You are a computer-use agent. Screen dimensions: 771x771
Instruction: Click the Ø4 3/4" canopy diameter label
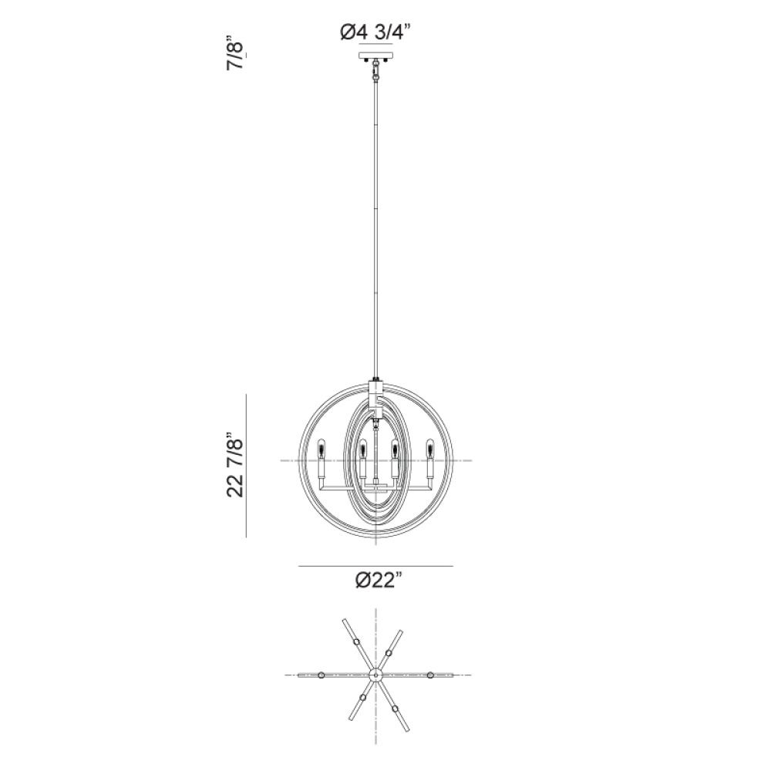[375, 32]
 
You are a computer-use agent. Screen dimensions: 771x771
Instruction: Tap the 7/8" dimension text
[235, 52]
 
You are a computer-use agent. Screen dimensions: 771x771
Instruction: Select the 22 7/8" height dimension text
[235, 465]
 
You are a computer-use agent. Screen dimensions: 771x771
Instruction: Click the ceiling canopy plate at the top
[376, 55]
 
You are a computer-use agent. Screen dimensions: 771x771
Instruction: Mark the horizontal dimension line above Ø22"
[375, 567]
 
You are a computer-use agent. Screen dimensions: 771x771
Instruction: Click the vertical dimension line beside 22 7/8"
[247, 466]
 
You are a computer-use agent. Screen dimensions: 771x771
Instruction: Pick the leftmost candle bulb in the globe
[322, 447]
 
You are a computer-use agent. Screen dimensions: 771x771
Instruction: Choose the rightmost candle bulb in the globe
[430, 447]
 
